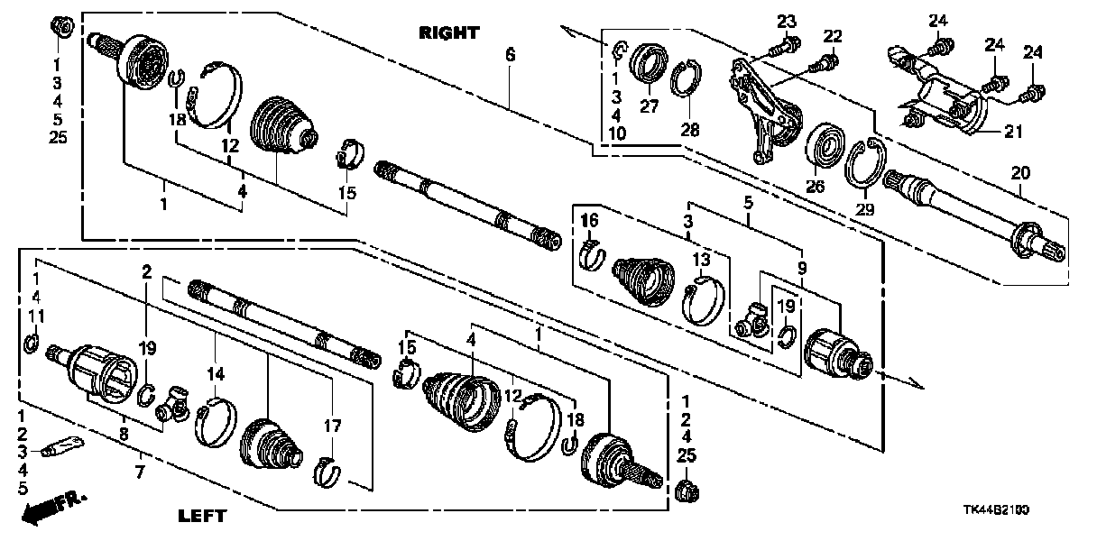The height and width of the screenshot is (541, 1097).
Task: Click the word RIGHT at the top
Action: click(x=448, y=33)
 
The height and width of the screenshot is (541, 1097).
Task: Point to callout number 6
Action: click(x=510, y=55)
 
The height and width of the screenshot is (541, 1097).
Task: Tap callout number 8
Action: click(x=124, y=435)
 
